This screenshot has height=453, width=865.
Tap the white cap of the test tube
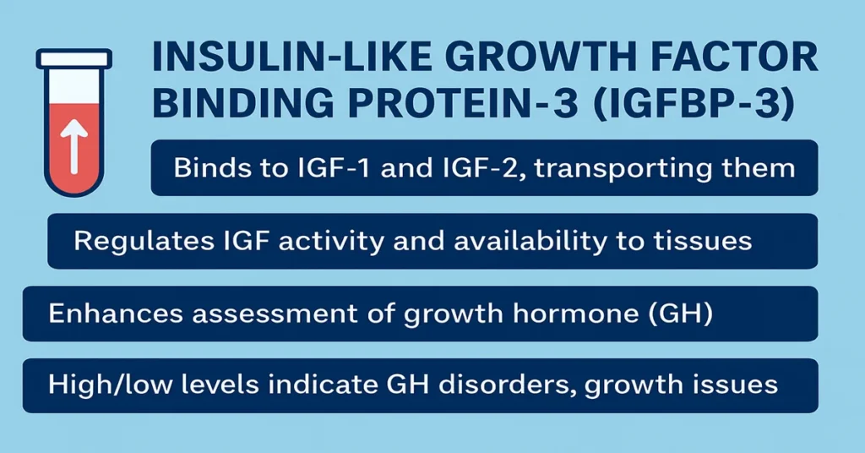pyautogui.click(x=74, y=58)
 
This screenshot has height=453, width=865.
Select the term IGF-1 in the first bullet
pyautogui.click(x=325, y=167)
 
